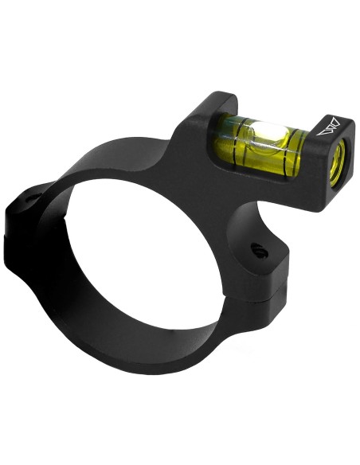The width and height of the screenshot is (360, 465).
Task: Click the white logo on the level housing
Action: (331, 126)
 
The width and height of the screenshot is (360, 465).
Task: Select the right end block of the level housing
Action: (328, 159)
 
